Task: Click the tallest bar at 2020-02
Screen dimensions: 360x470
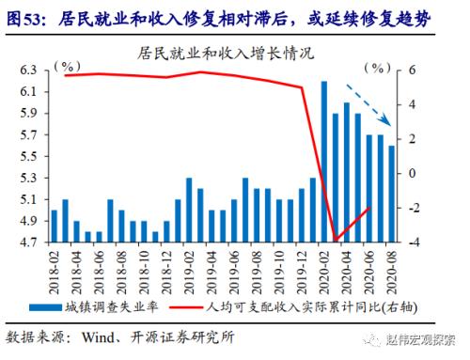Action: point(324,162)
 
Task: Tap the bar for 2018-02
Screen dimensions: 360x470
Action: point(54,226)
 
